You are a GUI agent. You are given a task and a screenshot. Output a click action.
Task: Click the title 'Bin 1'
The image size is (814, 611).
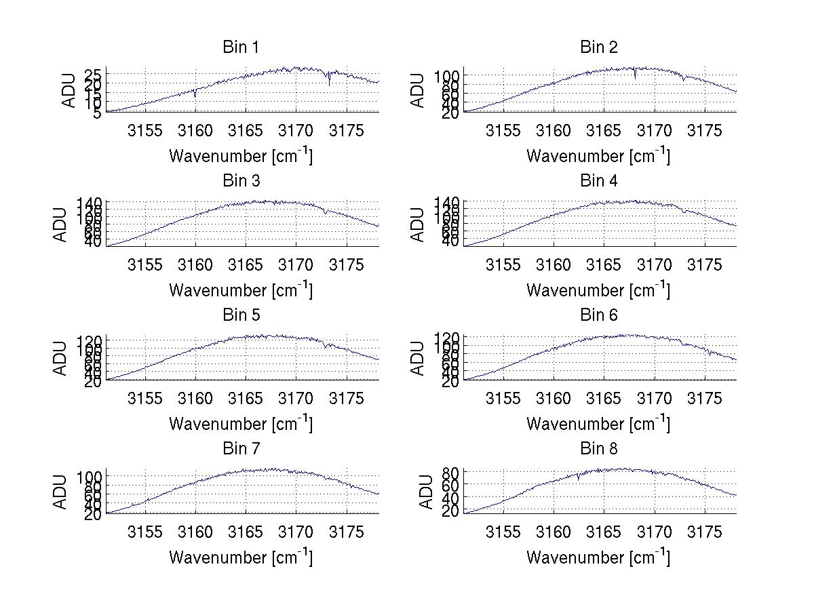pyautogui.click(x=241, y=47)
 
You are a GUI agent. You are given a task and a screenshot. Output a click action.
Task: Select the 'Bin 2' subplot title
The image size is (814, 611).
pyautogui.click(x=599, y=47)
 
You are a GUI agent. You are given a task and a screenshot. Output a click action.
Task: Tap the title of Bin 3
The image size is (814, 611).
pyautogui.click(x=241, y=181)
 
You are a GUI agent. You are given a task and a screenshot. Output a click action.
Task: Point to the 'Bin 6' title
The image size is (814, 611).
pyautogui.click(x=599, y=315)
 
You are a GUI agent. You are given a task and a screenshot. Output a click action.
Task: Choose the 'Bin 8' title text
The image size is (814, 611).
pyautogui.click(x=599, y=448)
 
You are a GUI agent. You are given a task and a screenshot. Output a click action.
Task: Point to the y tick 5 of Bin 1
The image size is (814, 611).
pyautogui.click(x=98, y=112)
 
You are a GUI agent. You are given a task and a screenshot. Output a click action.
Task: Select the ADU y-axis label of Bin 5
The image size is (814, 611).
pyautogui.click(x=62, y=357)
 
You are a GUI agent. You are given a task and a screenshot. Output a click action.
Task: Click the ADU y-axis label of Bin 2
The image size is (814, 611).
pyautogui.click(x=419, y=90)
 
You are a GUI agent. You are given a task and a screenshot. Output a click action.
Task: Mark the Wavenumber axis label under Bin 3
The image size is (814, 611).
pyautogui.click(x=241, y=290)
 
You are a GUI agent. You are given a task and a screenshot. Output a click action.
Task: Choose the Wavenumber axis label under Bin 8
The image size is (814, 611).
pyautogui.click(x=598, y=557)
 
